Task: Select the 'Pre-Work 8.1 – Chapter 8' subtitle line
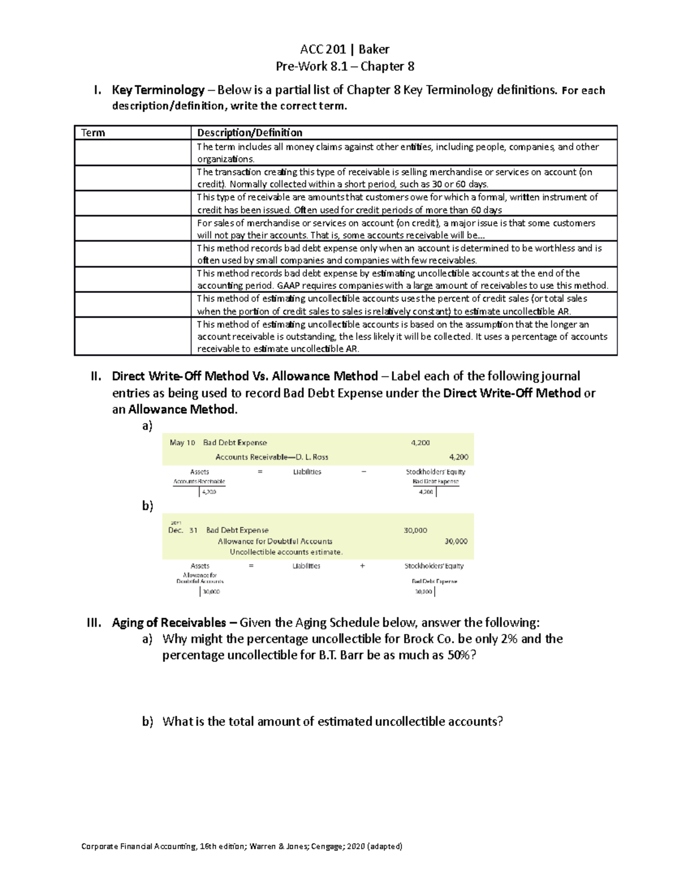click(345, 67)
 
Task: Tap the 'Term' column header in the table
click(93, 133)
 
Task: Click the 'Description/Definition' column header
click(250, 133)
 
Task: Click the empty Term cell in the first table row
click(132, 153)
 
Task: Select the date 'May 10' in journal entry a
click(182, 443)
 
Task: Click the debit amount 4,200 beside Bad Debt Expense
click(420, 443)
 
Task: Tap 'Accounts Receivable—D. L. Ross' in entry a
click(271, 457)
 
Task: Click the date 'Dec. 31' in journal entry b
click(182, 530)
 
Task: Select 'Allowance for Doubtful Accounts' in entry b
click(275, 541)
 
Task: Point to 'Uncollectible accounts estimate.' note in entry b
click(286, 552)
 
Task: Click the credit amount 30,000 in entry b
click(455, 541)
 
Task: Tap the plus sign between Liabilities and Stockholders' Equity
click(362, 566)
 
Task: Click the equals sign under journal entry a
click(260, 472)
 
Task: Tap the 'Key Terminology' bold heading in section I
click(158, 90)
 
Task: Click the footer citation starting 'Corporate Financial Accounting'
click(241, 846)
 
